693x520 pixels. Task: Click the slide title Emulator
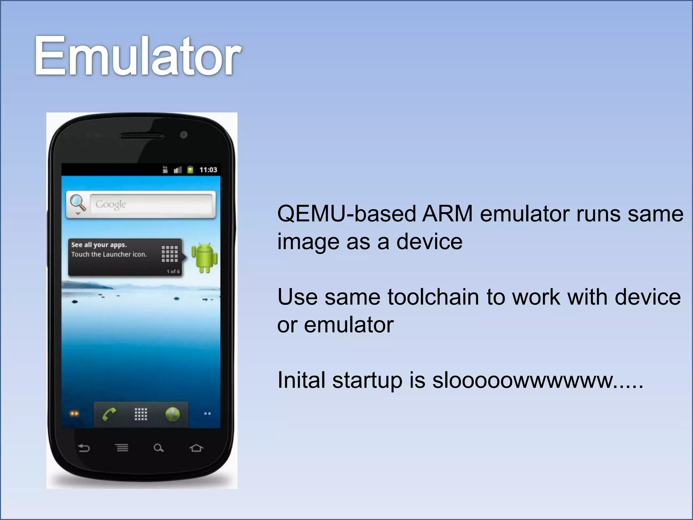point(137,56)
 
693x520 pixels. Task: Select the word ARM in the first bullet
point(447,214)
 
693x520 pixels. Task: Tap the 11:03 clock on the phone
point(208,170)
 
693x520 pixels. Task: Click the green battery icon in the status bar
point(190,169)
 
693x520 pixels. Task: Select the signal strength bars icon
point(178,170)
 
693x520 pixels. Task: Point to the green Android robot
point(204,257)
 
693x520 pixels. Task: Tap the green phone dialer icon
point(109,414)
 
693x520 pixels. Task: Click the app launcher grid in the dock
point(141,414)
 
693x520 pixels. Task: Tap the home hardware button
point(196,448)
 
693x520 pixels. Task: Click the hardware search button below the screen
point(158,448)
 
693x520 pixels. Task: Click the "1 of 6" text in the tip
point(173,272)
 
